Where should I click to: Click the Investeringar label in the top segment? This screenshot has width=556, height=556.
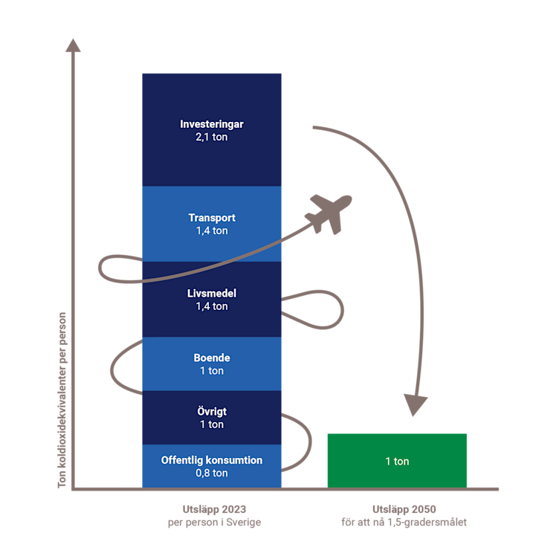point(212,124)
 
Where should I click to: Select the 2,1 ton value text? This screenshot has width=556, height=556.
point(212,138)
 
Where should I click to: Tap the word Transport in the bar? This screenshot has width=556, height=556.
point(212,218)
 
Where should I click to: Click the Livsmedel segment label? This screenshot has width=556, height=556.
point(212,294)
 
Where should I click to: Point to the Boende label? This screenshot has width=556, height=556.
point(212,358)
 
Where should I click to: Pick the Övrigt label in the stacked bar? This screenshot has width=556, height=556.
point(212,412)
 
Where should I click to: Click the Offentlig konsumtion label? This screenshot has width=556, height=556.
point(212,460)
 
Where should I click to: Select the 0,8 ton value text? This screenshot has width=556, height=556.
point(212,473)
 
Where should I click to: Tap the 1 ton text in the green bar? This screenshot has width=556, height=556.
point(397,462)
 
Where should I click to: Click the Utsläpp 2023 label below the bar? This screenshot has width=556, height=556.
point(214,510)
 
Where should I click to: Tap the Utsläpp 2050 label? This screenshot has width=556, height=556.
point(404,510)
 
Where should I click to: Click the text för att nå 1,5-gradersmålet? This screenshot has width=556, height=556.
point(404,523)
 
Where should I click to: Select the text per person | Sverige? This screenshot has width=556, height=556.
point(214,523)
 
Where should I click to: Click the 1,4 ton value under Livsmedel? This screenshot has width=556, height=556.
point(212,306)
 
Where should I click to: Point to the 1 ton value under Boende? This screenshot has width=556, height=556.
point(212,371)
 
